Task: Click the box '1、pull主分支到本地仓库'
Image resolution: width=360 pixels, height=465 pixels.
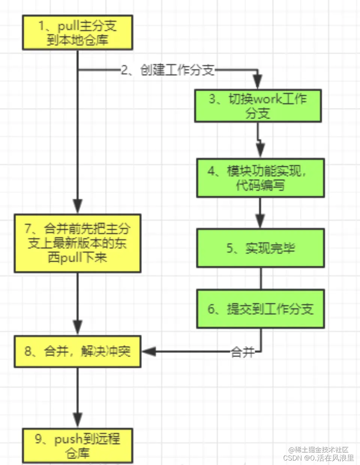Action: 78,33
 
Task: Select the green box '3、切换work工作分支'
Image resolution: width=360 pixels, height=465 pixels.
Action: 258,106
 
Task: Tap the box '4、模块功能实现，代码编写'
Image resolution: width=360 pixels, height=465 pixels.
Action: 260,178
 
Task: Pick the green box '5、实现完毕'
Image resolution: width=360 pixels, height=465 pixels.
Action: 260,248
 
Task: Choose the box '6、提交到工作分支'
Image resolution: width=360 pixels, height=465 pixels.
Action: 260,309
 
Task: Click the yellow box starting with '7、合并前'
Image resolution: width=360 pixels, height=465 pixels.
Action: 78,243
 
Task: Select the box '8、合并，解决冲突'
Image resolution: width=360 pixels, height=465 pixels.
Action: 78,351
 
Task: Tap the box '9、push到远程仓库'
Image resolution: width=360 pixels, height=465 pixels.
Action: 78,446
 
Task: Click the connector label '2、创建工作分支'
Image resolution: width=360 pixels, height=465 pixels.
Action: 168,70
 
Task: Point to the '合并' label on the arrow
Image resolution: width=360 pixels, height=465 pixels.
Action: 243,352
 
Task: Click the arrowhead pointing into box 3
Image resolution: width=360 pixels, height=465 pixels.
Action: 258,82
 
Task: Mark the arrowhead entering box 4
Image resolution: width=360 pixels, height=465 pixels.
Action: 260,151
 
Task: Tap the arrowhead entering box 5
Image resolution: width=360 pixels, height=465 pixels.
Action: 260,221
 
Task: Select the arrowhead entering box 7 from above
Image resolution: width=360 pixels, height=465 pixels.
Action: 78,206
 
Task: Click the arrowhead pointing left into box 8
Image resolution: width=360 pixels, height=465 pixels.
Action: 149,351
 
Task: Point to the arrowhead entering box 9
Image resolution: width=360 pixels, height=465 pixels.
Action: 78,420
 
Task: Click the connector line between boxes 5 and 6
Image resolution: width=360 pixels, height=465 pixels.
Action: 261,278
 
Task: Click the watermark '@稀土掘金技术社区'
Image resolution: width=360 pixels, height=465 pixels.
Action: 318,450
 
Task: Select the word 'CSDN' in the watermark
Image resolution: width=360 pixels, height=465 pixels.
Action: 292,458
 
